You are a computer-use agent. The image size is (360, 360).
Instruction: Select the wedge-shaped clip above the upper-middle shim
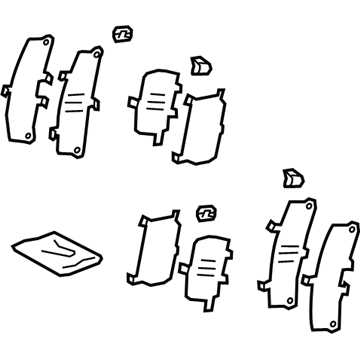coord(200,66)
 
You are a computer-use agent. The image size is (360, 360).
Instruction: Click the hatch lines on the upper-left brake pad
coord(75,106)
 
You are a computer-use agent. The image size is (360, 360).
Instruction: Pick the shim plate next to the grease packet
coord(151,250)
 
